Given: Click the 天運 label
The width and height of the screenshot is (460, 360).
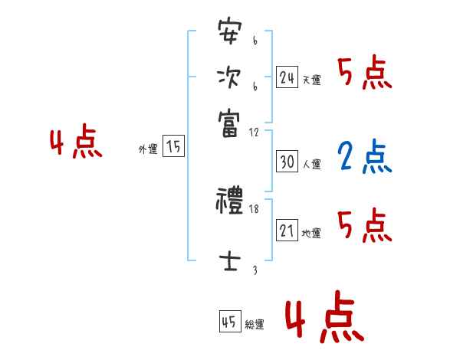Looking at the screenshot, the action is tap(312, 80).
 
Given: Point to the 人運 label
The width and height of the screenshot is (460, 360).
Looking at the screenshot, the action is tap(312, 164).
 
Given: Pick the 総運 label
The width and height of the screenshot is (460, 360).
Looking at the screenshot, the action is tap(255, 324).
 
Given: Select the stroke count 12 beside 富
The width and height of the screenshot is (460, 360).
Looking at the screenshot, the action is tap(255, 133).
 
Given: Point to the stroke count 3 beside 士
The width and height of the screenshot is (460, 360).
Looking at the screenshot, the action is tap(255, 270).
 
